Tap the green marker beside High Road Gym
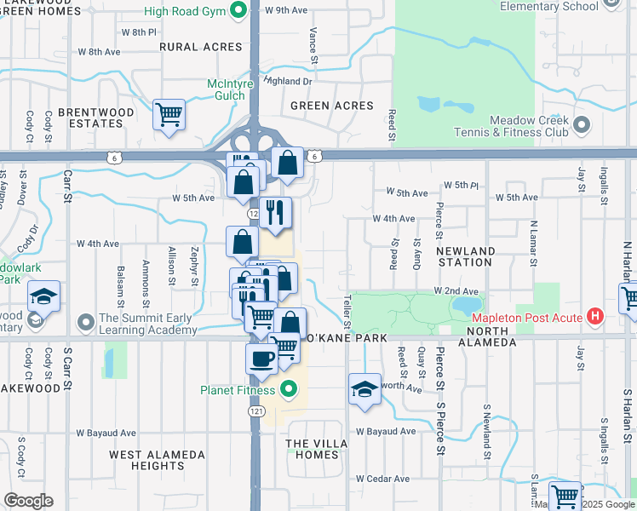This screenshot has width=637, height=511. click(x=239, y=11)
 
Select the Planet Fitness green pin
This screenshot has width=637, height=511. click(x=289, y=390)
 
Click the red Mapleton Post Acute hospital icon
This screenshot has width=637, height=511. click(x=596, y=318)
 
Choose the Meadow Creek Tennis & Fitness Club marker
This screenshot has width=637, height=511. click(x=582, y=126)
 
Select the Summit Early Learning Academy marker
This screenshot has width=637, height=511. click(x=85, y=324)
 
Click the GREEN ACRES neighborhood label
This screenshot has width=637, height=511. click(x=332, y=106)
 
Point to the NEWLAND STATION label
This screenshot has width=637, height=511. click(x=465, y=256)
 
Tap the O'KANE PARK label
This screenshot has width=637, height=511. click(x=346, y=338)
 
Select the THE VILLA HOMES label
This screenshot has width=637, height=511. click(x=312, y=449)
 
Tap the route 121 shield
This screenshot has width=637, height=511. click(x=255, y=411)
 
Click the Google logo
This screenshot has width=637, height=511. click(x=29, y=501)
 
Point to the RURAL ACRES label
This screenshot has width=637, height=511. click(x=201, y=47)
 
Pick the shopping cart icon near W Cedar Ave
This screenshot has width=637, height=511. click(x=565, y=497)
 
